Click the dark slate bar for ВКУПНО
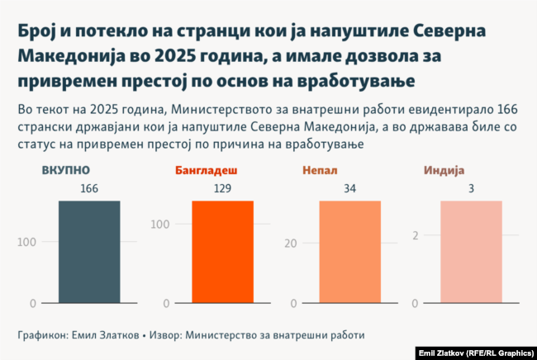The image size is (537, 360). coord(89,252)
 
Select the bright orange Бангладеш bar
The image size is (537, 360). coord(222,252)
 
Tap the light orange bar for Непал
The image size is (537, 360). coord(350,252)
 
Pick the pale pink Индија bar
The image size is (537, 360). coord(471,252)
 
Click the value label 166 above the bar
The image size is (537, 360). coord(89,189)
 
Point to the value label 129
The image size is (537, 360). coord(222,189)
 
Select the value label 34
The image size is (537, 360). coord(350,189)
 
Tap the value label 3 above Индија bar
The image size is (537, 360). coord(471,189)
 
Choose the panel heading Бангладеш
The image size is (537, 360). coord(207,171)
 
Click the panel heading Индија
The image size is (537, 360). coord(444,171)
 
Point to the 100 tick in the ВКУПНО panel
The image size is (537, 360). coord(26,243)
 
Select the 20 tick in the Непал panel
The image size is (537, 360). coord(291,243)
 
